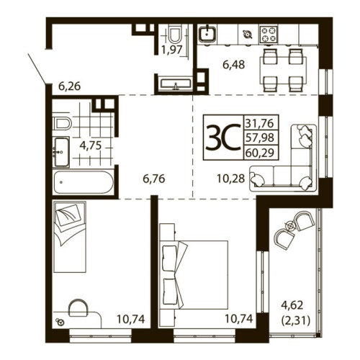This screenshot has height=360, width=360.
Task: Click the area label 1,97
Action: tap(171, 50)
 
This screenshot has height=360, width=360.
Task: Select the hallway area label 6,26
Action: tap(68, 86)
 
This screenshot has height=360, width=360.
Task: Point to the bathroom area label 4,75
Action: tap(90, 145)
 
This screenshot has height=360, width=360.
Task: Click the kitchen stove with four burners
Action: tap(269, 33)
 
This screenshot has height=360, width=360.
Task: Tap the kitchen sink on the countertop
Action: tap(207, 33)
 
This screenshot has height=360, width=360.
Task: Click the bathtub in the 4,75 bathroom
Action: tap(83, 182)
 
